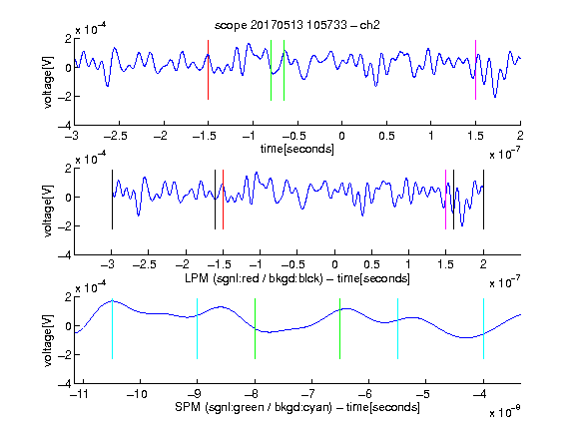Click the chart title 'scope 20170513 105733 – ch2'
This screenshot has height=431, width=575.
pyautogui.click(x=297, y=25)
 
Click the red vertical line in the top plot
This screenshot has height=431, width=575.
pyautogui.click(x=208, y=70)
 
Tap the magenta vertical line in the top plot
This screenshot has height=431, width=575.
pyautogui.click(x=475, y=70)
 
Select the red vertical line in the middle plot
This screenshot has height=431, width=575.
pyautogui.click(x=223, y=200)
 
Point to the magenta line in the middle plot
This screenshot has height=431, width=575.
pyautogui.click(x=445, y=200)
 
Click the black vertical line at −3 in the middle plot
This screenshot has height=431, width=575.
pyautogui.click(x=112, y=200)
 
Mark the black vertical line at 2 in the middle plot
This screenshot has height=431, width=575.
pyautogui.click(x=483, y=200)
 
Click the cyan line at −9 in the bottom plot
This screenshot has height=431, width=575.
pyautogui.click(x=197, y=329)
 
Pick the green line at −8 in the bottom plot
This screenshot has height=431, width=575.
pyautogui.click(x=255, y=329)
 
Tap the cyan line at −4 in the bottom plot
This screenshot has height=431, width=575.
pyautogui.click(x=483, y=329)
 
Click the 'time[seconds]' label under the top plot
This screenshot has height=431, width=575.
pyautogui.click(x=297, y=149)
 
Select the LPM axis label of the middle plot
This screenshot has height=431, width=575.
pyautogui.click(x=297, y=278)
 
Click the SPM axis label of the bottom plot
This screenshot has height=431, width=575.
pyautogui.click(x=297, y=407)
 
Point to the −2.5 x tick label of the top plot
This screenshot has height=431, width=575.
pyautogui.click(x=115, y=136)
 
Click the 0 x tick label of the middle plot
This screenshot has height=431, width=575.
pyautogui.click(x=334, y=264)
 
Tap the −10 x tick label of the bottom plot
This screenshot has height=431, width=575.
pyautogui.click(x=137, y=394)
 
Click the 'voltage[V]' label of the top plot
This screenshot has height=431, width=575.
pyautogui.click(x=48, y=82)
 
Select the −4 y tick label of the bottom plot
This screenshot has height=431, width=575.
pyautogui.click(x=65, y=384)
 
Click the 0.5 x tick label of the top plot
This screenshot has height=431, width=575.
pyautogui.click(x=386, y=136)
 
